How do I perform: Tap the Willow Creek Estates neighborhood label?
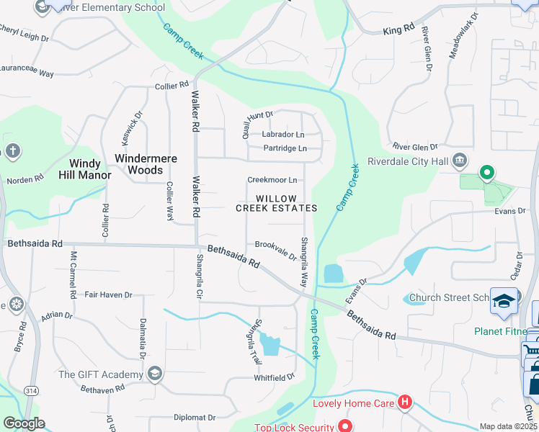coord(276,203)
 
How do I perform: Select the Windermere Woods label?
coord(145,163)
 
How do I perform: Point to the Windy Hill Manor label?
coord(90,169)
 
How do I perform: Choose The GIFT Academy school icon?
coord(154,374)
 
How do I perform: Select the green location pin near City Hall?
coord(487,173)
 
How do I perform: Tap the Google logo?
coord(24,423)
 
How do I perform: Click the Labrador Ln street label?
coord(282,135)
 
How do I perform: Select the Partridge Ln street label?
coord(285,149)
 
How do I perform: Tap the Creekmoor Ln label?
coord(272,180)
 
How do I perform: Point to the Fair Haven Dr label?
coord(108,295)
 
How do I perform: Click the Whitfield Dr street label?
coord(274,377)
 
